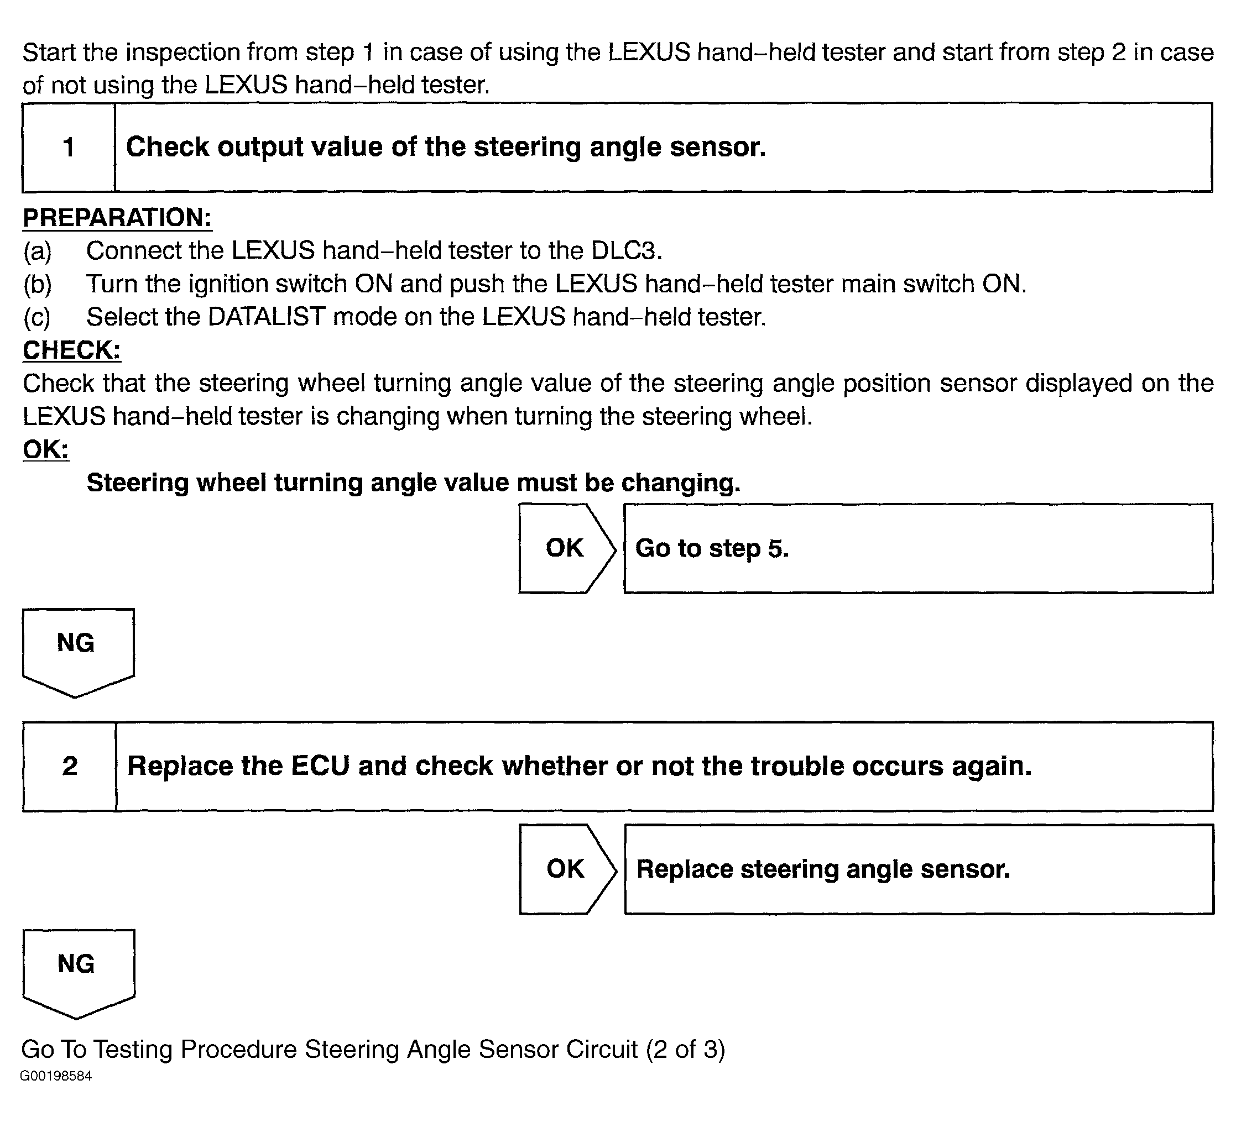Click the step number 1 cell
click(69, 148)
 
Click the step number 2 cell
click(70, 766)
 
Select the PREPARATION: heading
click(117, 218)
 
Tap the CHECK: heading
click(72, 350)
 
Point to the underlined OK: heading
click(46, 450)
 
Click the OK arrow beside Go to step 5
click(566, 548)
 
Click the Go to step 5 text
click(712, 548)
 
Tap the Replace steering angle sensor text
click(823, 869)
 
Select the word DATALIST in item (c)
click(267, 317)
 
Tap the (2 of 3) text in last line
click(685, 1049)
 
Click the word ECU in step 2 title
click(320, 766)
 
